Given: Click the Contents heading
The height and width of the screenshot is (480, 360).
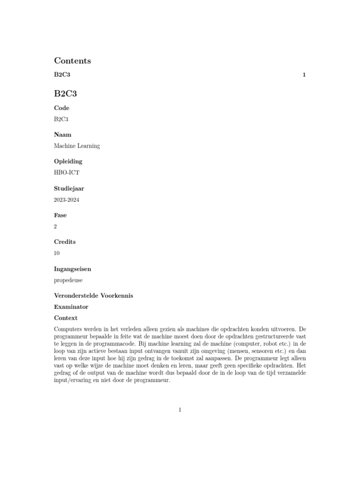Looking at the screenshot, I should tap(72, 60).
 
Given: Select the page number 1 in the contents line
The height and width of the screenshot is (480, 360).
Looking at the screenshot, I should tap(304, 75).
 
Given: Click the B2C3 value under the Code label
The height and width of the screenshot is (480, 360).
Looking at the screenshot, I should tap(61, 119).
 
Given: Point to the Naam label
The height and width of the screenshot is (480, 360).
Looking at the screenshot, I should tap(62, 135).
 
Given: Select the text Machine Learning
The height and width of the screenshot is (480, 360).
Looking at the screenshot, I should tap(77, 146).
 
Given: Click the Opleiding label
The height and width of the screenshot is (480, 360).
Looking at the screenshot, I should tap(68, 161).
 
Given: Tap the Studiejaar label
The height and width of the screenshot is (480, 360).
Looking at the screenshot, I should tap(69, 188).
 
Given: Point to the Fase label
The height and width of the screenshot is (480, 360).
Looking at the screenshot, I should tap(60, 215).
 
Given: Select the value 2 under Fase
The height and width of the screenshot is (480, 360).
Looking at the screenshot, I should tap(56, 226).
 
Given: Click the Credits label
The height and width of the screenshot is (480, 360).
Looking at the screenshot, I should tap(65, 242).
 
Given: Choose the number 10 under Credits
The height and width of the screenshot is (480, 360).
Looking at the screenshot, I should tap(57, 253).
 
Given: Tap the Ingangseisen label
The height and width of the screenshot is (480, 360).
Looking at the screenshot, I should tap(73, 269).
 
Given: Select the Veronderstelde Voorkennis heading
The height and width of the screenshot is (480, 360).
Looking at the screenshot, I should tap(94, 296).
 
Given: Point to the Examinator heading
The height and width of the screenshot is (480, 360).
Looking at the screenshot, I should tap(71, 307).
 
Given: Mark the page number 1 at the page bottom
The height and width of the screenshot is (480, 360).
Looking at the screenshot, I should tap(180, 410).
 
